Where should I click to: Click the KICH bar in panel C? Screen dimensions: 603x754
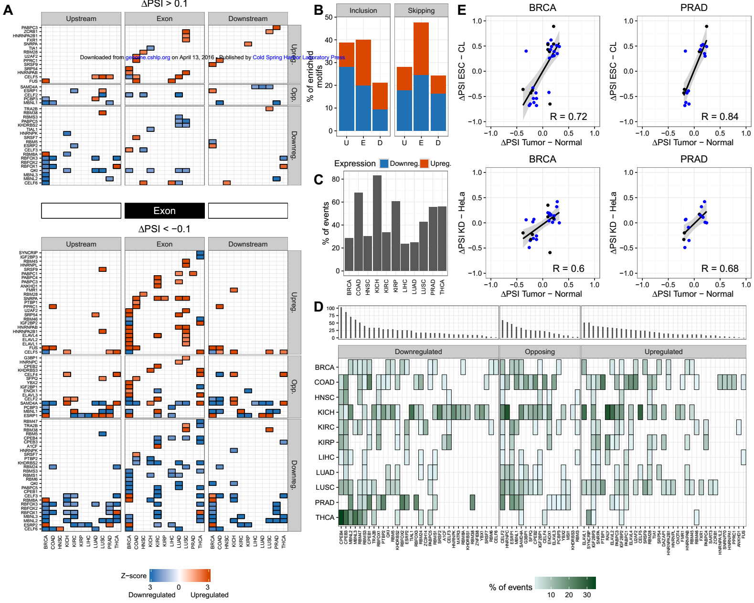(377, 223)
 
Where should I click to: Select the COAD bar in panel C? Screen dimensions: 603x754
(359, 232)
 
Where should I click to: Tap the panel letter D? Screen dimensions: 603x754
(319, 307)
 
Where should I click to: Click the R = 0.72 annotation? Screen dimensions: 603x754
(568, 117)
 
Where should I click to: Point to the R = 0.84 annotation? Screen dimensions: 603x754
(720, 117)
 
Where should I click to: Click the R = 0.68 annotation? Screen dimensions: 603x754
(720, 269)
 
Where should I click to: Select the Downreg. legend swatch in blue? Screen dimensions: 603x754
(384, 163)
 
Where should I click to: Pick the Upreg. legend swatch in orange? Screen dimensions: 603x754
(425, 163)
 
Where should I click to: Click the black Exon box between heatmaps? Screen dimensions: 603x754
(165, 211)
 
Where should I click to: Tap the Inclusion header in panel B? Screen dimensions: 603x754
(363, 11)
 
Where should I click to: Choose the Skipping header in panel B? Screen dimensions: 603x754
(421, 11)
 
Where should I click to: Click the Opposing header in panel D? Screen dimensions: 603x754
(540, 352)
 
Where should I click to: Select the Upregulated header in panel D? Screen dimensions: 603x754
(663, 352)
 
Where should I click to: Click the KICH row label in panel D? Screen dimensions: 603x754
(326, 412)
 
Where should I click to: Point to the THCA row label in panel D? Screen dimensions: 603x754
(325, 517)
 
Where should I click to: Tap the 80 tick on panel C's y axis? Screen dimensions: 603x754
(336, 179)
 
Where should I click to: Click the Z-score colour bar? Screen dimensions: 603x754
(180, 575)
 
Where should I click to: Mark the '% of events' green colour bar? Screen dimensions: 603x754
(565, 583)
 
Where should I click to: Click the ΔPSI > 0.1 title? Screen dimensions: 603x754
(164, 4)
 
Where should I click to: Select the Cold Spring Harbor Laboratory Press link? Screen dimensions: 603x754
(298, 57)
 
